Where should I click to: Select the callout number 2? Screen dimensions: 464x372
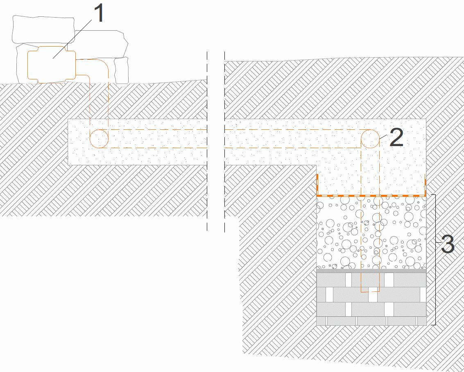coord(396,138)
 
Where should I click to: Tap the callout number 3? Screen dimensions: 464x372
coord(447,244)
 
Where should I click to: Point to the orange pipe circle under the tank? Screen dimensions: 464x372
coord(99,138)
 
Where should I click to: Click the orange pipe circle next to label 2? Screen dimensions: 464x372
coord(370,138)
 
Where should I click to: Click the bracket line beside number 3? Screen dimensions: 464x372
coord(435,286)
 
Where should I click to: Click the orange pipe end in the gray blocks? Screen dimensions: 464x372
coord(370,291)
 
